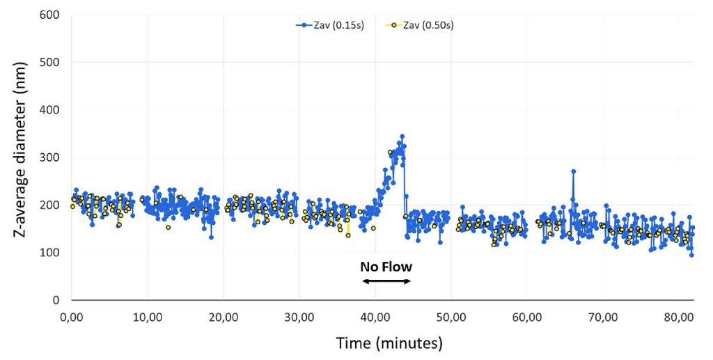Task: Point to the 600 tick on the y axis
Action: point(51,15)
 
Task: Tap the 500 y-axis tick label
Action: point(51,62)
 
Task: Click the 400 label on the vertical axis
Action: point(51,109)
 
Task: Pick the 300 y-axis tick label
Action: point(51,157)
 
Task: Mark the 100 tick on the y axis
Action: point(51,252)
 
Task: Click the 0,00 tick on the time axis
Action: point(72,317)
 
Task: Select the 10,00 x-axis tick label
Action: point(147,317)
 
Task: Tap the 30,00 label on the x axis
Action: point(299,317)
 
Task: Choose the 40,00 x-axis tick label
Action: point(375,317)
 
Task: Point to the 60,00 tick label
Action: point(527,317)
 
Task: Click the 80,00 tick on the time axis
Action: point(679,317)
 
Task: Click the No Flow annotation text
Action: point(386,267)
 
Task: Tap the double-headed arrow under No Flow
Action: point(386,281)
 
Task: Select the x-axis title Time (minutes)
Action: point(389,343)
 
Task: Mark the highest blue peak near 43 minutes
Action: point(402,136)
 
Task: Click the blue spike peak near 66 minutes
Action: point(573,171)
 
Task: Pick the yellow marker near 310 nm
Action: point(390,152)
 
